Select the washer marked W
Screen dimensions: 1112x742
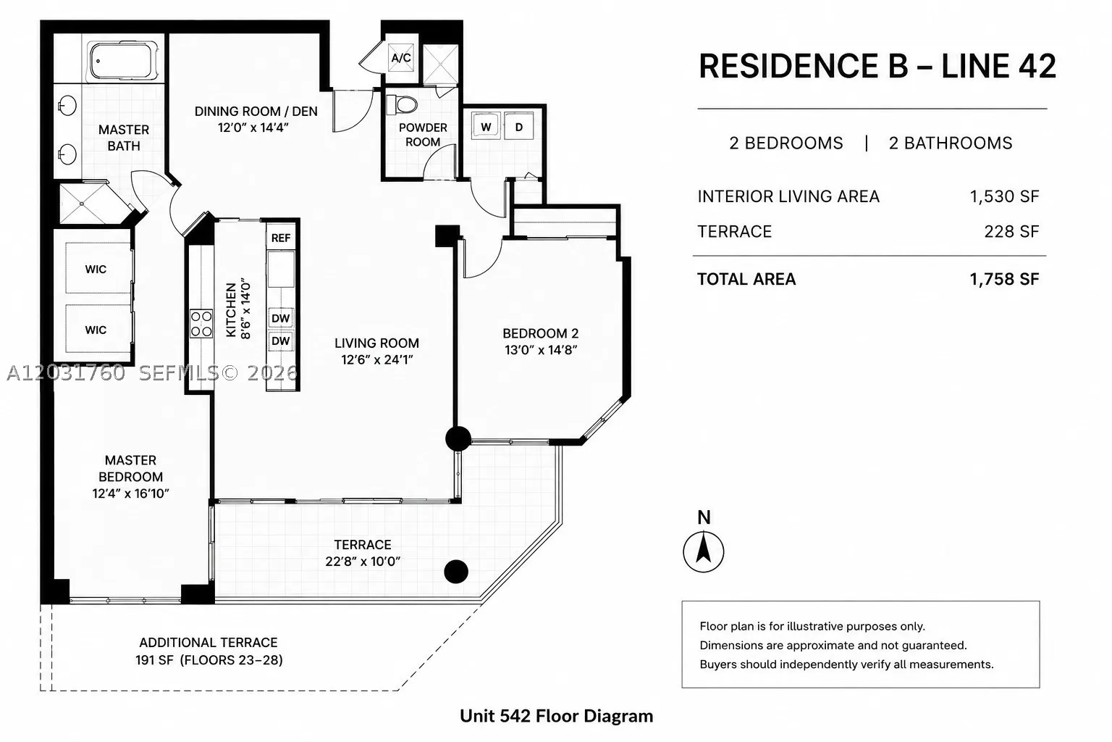486,127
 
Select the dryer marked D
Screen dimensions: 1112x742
519,127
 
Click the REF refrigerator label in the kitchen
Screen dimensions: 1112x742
281,238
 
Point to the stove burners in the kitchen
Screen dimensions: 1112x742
201,323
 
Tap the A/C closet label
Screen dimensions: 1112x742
401,58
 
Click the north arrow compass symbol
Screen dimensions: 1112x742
704,551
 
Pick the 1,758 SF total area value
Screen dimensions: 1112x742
1004,279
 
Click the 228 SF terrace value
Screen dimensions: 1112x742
1011,232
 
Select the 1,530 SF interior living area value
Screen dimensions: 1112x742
1004,197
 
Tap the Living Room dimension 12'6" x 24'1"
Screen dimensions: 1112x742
376,359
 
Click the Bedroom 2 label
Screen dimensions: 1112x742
541,333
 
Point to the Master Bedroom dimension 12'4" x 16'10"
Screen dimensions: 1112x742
130,493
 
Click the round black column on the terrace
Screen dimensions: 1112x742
456,572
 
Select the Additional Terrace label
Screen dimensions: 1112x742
208,643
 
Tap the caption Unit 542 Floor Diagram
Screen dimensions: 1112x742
557,716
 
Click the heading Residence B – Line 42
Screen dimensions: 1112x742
877,66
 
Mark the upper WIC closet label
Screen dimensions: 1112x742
96,270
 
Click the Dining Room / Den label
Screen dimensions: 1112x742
256,112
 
